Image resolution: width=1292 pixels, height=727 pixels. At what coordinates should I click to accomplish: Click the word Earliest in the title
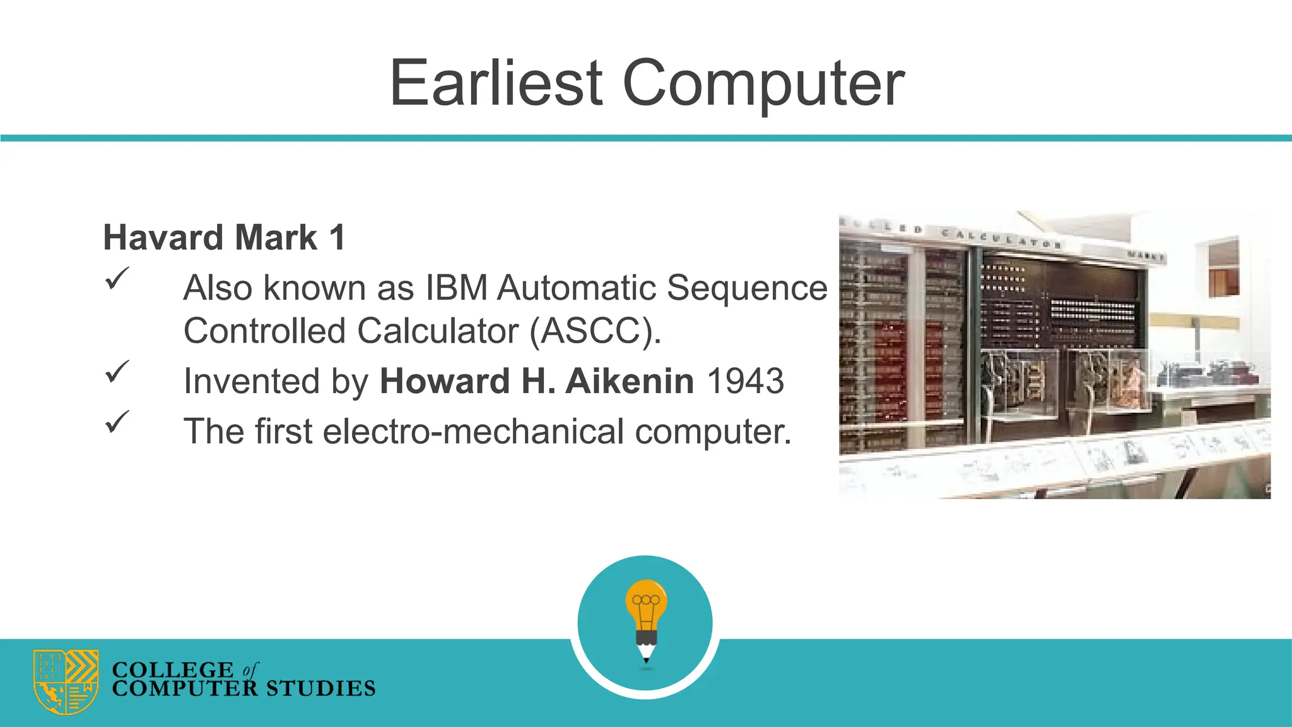point(496,83)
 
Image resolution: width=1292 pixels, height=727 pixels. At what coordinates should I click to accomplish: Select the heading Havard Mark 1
point(224,238)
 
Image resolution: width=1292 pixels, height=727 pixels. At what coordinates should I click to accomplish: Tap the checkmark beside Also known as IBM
point(117,278)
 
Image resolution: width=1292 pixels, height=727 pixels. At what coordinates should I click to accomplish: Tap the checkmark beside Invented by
point(117,372)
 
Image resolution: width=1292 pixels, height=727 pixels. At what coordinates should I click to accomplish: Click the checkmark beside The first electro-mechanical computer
point(117,422)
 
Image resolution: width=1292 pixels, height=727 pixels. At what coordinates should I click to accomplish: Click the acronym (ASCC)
point(595,331)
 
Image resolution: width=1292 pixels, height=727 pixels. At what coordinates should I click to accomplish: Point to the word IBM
point(457,288)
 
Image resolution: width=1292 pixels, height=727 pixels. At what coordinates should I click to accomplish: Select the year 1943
point(745,381)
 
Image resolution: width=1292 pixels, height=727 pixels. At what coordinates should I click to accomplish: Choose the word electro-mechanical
point(473,432)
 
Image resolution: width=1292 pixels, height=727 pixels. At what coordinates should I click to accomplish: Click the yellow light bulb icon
point(646,603)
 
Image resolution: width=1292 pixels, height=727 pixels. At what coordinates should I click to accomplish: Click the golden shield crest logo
point(66,682)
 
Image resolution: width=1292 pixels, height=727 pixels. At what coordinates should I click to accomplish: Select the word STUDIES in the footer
point(320,689)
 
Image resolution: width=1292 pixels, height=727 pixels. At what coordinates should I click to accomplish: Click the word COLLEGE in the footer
point(172,669)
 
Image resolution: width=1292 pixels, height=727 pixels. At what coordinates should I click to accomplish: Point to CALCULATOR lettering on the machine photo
point(1000,239)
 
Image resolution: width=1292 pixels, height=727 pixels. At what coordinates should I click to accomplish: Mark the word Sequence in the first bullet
point(747,288)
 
